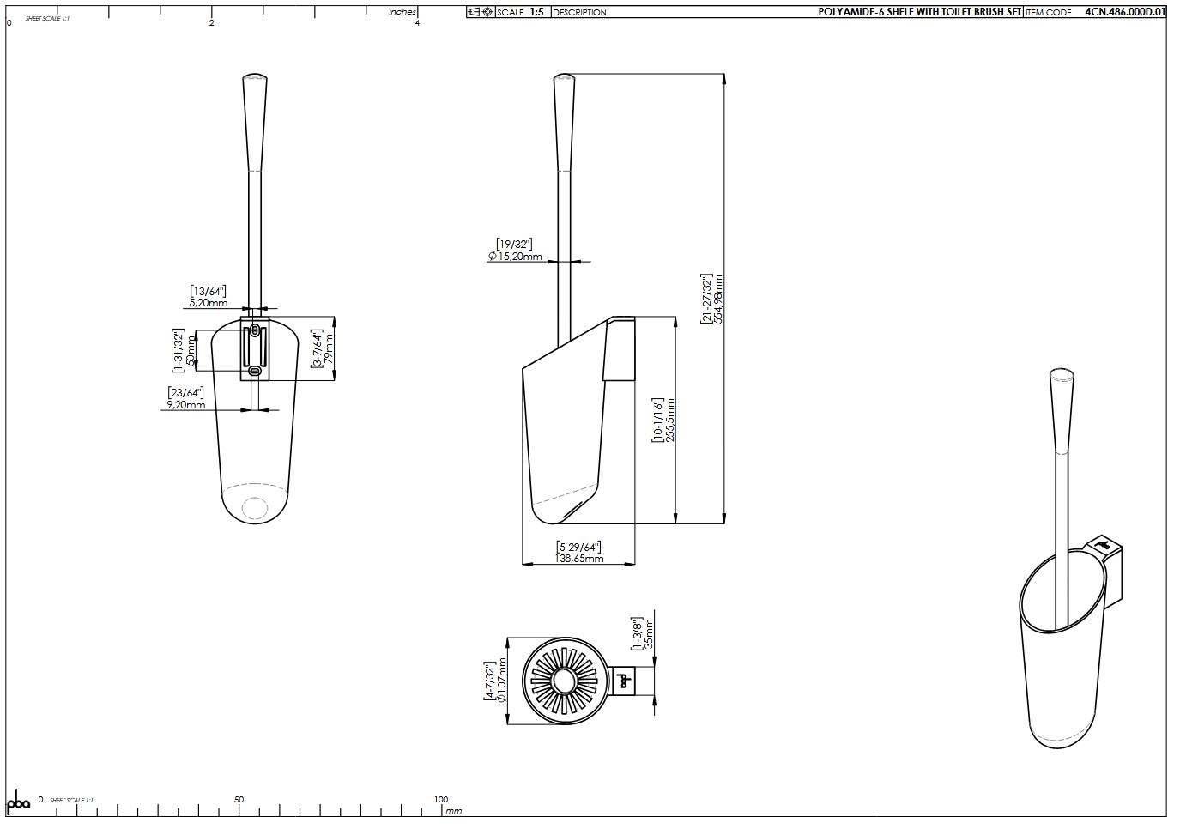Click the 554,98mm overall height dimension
[x=719, y=299]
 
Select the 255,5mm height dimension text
[x=671, y=420]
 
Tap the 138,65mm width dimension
[x=579, y=559]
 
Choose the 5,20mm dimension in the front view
[x=209, y=303]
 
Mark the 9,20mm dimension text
[x=186, y=405]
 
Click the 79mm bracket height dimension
[x=329, y=349]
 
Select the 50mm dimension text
[x=191, y=350]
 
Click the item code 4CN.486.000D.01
[x=1124, y=12]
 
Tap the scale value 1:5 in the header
[x=536, y=12]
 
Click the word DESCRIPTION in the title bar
[x=579, y=12]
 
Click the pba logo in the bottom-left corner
[x=18, y=802]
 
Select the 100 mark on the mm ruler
[x=441, y=800]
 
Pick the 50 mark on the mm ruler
[x=239, y=800]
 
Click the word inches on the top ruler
[x=402, y=12]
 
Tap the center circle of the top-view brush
[x=564, y=681]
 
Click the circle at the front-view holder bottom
[x=255, y=508]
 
